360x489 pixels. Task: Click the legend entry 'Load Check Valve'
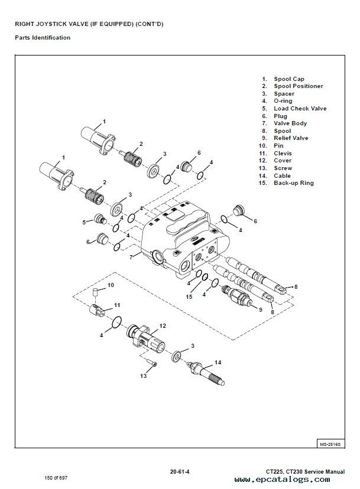[300, 109]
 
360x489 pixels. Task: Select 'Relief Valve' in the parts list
[291, 138]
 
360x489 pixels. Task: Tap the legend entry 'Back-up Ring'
[293, 183]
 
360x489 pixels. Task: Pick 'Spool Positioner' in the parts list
[298, 86]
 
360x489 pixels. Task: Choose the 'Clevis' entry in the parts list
[283, 154]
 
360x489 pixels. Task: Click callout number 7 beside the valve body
[131, 257]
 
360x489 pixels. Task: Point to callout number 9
[260, 308]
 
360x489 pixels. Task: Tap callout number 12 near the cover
[163, 325]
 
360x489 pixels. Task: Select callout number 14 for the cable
[218, 362]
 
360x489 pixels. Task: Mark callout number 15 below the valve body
[189, 297]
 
